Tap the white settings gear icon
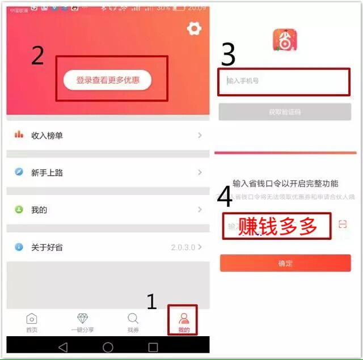194,29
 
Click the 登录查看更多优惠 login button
107,80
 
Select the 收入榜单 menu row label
47,135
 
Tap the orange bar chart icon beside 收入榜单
19,135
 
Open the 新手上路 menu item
47,173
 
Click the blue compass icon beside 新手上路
19,172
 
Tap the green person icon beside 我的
19,210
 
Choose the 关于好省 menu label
47,247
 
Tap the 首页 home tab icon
32,319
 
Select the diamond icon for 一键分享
83,319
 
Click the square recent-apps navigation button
153,346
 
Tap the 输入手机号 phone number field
284,81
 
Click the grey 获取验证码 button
285,112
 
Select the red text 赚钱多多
277,226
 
